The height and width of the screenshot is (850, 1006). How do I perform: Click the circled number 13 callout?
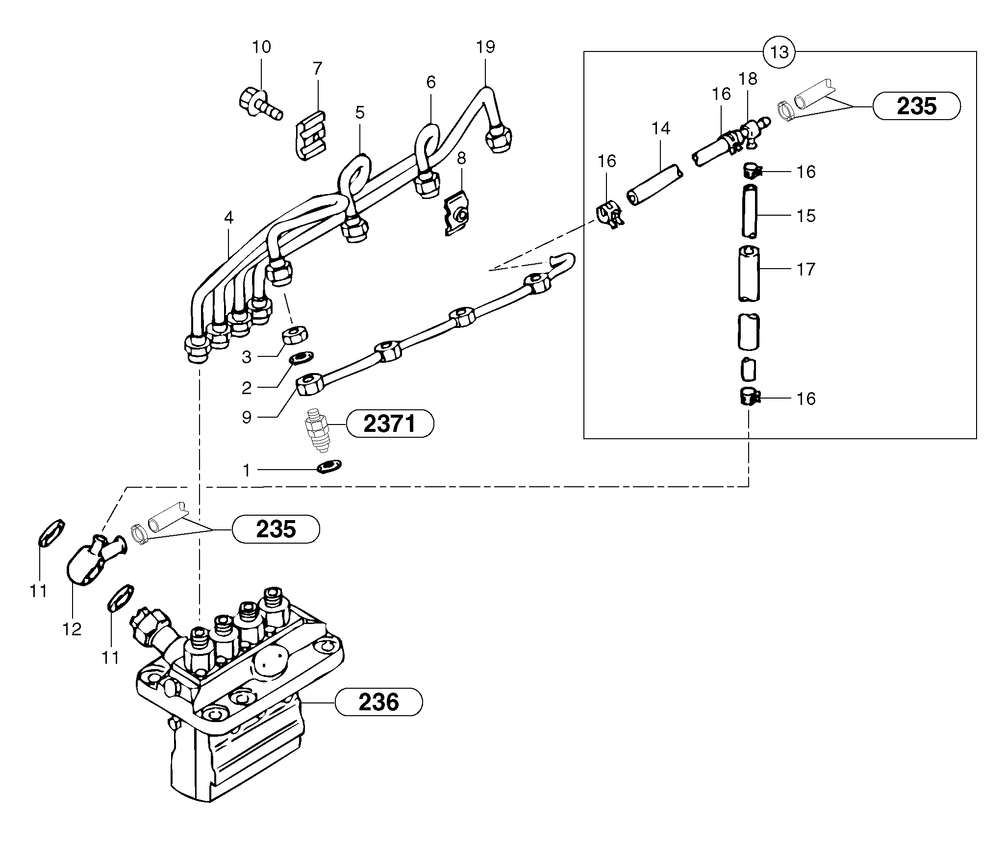pyautogui.click(x=779, y=51)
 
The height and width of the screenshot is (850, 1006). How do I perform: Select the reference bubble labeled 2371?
pyautogui.click(x=390, y=424)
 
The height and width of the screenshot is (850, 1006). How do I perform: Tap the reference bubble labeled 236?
pyautogui.click(x=378, y=702)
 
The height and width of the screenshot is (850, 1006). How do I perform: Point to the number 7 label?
pyautogui.click(x=318, y=69)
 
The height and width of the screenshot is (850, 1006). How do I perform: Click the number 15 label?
pyautogui.click(x=806, y=216)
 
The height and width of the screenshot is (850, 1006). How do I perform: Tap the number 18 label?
pyautogui.click(x=748, y=78)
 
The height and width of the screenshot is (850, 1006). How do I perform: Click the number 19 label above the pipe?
pyautogui.click(x=485, y=47)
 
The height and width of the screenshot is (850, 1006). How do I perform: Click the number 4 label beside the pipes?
pyautogui.click(x=229, y=218)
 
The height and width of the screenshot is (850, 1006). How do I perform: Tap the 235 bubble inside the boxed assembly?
pyautogui.click(x=916, y=106)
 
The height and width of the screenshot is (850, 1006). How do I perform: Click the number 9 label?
pyautogui.click(x=247, y=417)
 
